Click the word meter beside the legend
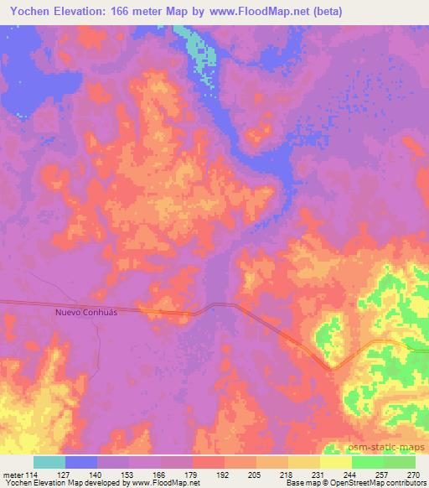(x=13, y=475)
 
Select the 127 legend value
(x=65, y=475)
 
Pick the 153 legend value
(x=129, y=475)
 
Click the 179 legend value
(x=193, y=475)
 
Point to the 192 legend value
(x=225, y=475)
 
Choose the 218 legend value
(x=288, y=475)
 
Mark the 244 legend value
(x=352, y=475)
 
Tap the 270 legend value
(x=415, y=475)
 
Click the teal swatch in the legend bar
(x=49, y=462)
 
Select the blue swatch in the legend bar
(x=81, y=462)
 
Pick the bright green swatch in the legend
(x=368, y=462)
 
